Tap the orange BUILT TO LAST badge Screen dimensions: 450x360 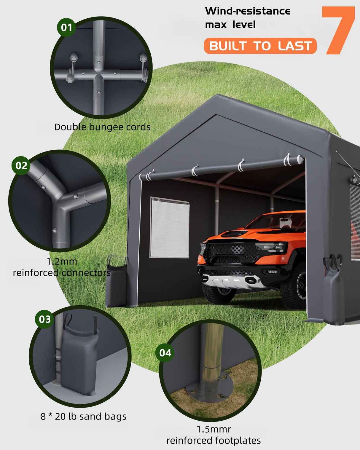[260, 46]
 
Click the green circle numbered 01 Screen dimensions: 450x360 [66, 28]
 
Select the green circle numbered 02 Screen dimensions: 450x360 [21, 165]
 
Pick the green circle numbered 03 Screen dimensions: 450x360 [45, 319]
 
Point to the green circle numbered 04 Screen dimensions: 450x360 [165, 353]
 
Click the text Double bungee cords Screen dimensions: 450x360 [102, 127]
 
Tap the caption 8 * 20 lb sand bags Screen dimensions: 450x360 [83, 417]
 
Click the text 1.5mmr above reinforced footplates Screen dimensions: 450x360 [214, 429]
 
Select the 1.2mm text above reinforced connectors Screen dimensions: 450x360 [62, 261]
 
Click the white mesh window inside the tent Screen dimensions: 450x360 [170, 227]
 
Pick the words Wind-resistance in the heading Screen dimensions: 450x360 [248, 11]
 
